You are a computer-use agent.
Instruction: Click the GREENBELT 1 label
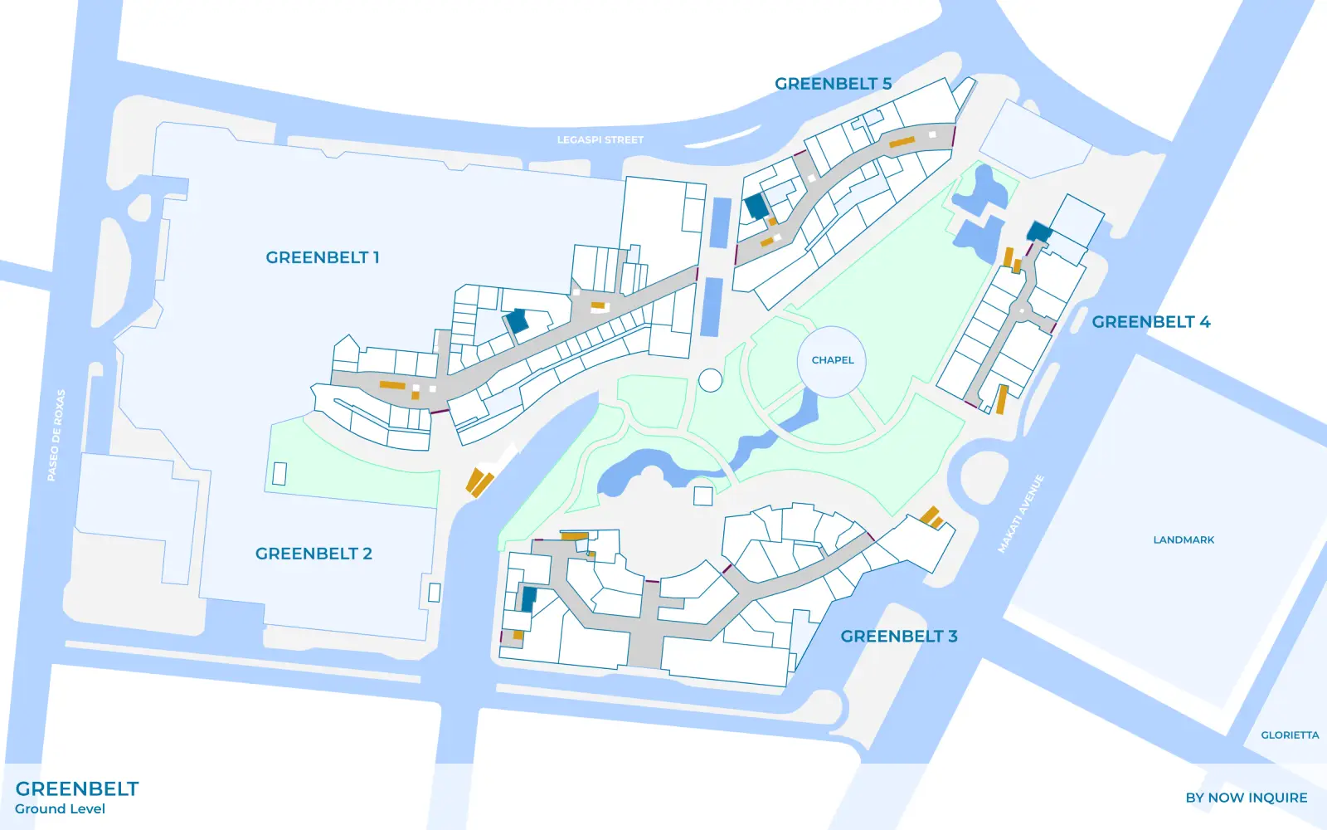pyautogui.click(x=322, y=257)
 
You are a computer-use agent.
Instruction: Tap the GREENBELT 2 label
pyautogui.click(x=314, y=554)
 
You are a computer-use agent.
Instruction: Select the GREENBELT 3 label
pyautogui.click(x=898, y=637)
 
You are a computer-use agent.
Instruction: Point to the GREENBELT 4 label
pyautogui.click(x=1150, y=322)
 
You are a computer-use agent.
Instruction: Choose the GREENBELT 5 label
pyautogui.click(x=833, y=84)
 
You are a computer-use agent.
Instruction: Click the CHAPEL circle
pyautogui.click(x=832, y=360)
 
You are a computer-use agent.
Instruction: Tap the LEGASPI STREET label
pyautogui.click(x=600, y=140)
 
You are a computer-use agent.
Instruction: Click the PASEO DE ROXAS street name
pyautogui.click(x=56, y=435)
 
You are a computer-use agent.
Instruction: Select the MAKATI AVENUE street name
pyautogui.click(x=1020, y=514)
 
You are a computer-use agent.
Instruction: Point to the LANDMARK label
pyautogui.click(x=1184, y=540)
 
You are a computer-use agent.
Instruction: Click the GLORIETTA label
pyautogui.click(x=1290, y=735)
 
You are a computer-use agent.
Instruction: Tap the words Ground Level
pyautogui.click(x=60, y=809)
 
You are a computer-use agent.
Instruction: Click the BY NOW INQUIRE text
pyautogui.click(x=1246, y=798)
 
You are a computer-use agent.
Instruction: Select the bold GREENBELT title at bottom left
pyautogui.click(x=77, y=788)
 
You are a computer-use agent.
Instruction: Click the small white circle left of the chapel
pyautogui.click(x=710, y=380)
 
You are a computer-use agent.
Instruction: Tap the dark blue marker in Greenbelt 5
pyautogui.click(x=756, y=206)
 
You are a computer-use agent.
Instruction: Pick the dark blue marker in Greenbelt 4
pyautogui.click(x=1039, y=232)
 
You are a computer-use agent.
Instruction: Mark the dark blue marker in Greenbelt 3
pyautogui.click(x=528, y=599)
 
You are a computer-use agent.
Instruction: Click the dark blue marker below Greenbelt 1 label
pyautogui.click(x=518, y=321)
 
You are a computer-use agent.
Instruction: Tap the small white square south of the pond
pyautogui.click(x=702, y=496)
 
